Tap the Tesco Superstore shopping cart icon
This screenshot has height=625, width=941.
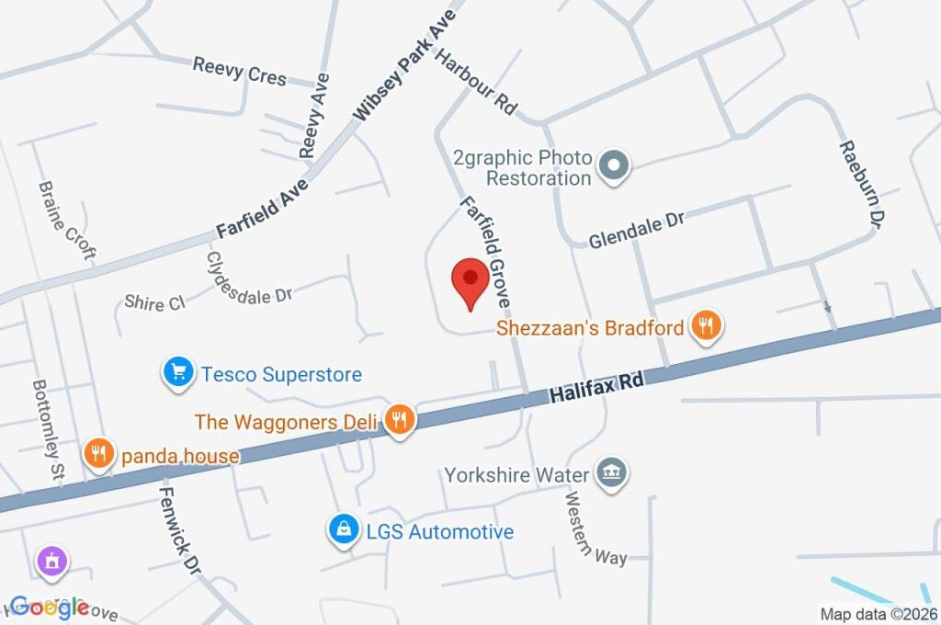(176, 373)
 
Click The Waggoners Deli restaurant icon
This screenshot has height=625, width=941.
(399, 421)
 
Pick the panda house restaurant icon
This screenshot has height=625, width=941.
(97, 454)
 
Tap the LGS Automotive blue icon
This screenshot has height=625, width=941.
(343, 530)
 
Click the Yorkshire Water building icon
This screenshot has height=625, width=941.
(608, 473)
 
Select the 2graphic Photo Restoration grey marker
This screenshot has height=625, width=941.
(612, 166)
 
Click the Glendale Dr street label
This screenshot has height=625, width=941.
(637, 228)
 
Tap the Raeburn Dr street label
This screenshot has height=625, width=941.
(860, 184)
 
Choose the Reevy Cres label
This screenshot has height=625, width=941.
(240, 71)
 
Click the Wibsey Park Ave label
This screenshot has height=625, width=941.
(404, 69)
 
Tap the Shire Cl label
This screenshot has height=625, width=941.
(154, 302)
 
